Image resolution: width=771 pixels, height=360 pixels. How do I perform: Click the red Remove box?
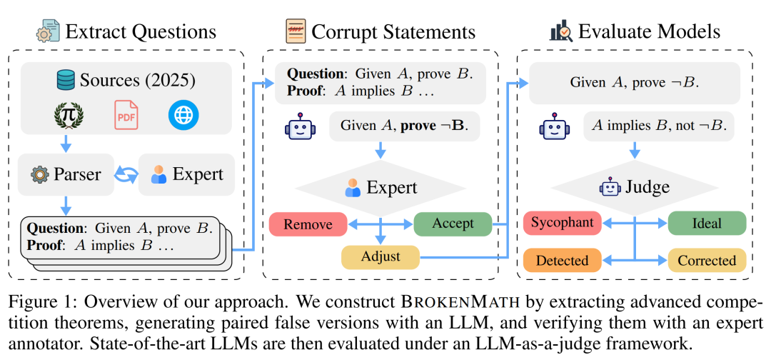click(x=308, y=224)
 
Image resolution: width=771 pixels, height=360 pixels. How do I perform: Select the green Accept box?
click(x=453, y=224)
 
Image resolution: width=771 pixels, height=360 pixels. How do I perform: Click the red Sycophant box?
click(x=561, y=223)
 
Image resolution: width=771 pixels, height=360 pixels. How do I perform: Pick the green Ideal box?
click(x=706, y=223)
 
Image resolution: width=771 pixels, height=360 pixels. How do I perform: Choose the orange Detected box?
click(x=561, y=260)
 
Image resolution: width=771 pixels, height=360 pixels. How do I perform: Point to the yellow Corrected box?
click(x=706, y=260)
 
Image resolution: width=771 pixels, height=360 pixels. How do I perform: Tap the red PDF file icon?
click(x=126, y=115)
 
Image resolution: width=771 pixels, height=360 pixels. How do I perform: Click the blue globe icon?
click(x=183, y=115)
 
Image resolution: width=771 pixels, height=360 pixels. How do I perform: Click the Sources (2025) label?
click(x=126, y=80)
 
